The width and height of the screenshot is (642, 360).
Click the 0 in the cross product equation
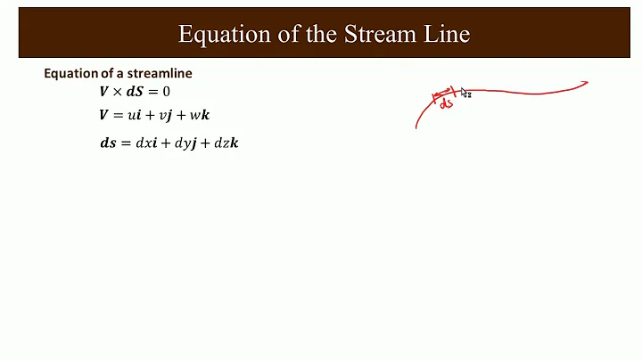(166, 91)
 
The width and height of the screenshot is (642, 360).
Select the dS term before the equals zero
(136, 91)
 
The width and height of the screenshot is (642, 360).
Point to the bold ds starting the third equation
(108, 143)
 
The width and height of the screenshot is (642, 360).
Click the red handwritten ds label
(446, 103)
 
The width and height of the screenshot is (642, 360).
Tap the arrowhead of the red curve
(585, 84)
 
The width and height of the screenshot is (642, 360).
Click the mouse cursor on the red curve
(465, 93)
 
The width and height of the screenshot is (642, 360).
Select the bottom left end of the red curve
(416, 127)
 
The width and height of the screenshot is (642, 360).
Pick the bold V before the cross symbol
(104, 91)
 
